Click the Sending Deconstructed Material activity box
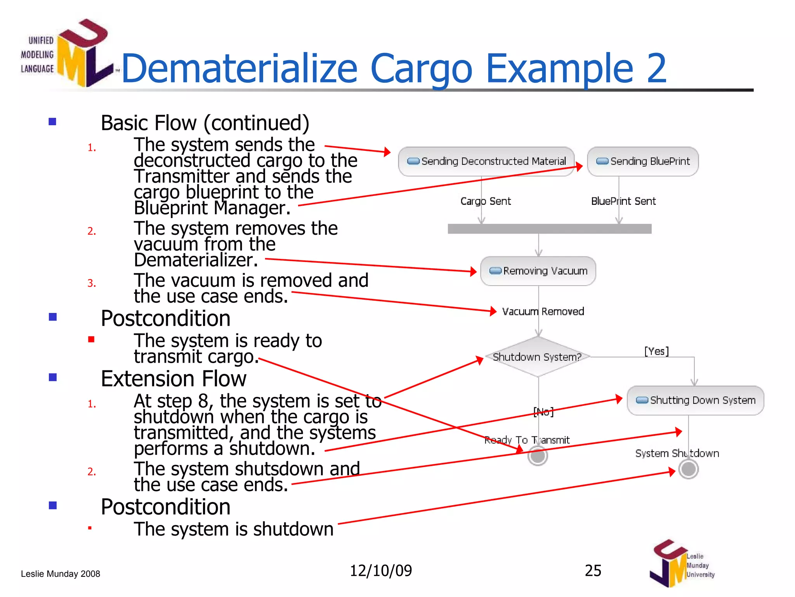click(x=486, y=161)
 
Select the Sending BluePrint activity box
click(x=643, y=161)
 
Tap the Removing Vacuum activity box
click(x=538, y=271)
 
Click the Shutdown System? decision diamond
click(x=538, y=357)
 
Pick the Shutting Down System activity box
click(x=695, y=400)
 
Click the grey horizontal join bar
click(x=549, y=229)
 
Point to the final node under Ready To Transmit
click(x=538, y=456)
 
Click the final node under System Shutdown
click(x=689, y=469)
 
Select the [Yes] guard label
click(x=656, y=351)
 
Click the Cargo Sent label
click(x=486, y=201)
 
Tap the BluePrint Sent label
click(x=623, y=201)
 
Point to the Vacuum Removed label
click(x=543, y=311)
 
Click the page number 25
click(x=593, y=571)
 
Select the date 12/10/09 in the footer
click(x=381, y=571)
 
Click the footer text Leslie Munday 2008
click(x=61, y=574)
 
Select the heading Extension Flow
click(x=174, y=379)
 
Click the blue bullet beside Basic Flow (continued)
click(x=52, y=122)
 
